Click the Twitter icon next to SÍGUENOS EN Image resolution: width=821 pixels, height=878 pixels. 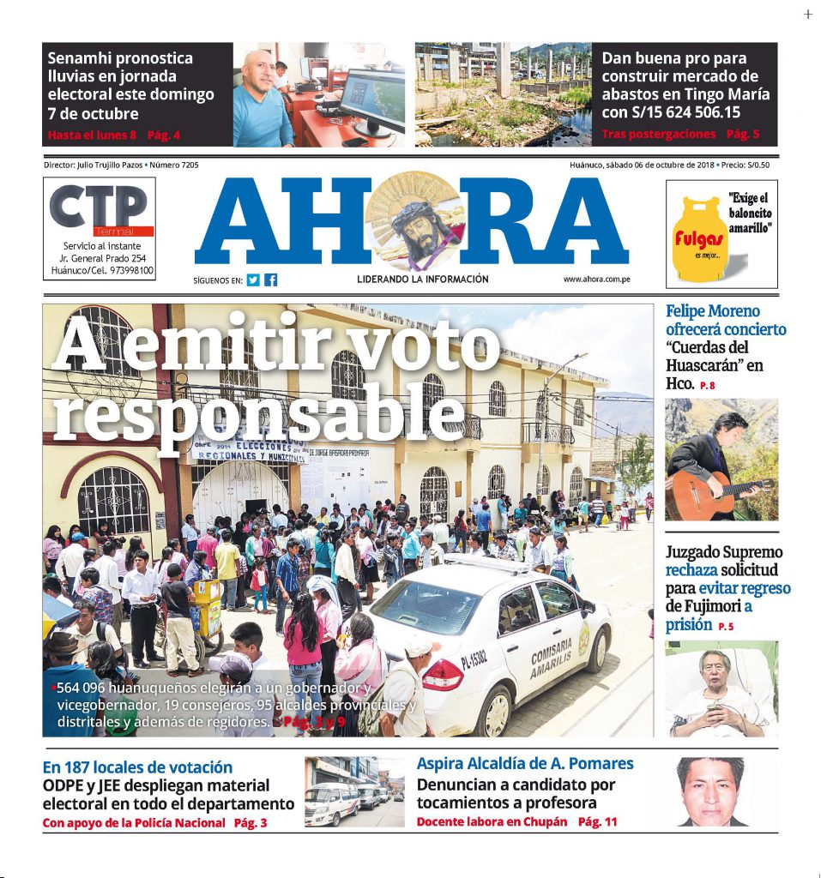point(253,280)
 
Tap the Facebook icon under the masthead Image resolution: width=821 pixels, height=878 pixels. point(271,280)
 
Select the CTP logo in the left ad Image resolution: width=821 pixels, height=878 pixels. point(99,208)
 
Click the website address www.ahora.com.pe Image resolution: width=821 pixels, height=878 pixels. point(597,280)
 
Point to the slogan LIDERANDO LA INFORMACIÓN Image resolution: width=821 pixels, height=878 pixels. point(423,280)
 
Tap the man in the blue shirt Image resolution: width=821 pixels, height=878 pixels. point(262,101)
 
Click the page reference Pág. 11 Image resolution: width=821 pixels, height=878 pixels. point(598,821)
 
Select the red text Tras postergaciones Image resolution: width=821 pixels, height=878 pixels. point(659,135)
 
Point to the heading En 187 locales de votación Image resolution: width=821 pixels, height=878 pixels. point(137,767)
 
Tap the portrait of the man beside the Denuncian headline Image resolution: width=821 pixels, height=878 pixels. point(710,791)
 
